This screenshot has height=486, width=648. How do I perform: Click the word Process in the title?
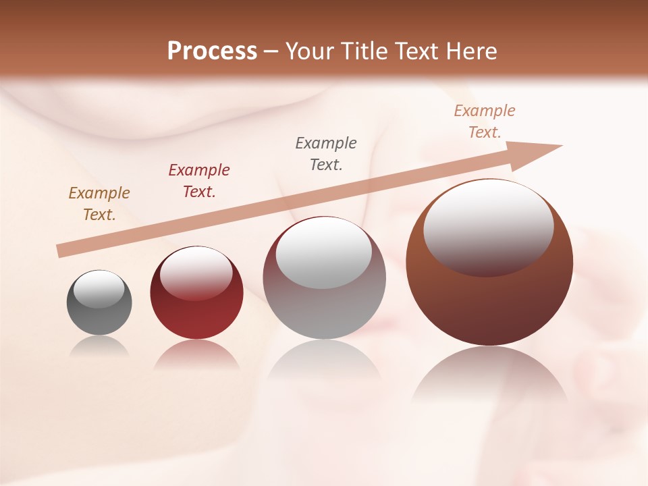(x=212, y=51)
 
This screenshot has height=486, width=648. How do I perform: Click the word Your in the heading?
(x=310, y=51)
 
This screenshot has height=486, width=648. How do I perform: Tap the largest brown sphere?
(x=489, y=304)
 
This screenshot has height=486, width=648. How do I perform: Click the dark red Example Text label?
(x=198, y=181)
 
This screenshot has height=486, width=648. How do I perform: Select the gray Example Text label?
(x=325, y=154)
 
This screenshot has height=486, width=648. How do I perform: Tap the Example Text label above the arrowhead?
(x=484, y=122)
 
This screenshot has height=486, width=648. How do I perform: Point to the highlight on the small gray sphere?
(x=99, y=289)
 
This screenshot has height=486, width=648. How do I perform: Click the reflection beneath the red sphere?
(x=196, y=356)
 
